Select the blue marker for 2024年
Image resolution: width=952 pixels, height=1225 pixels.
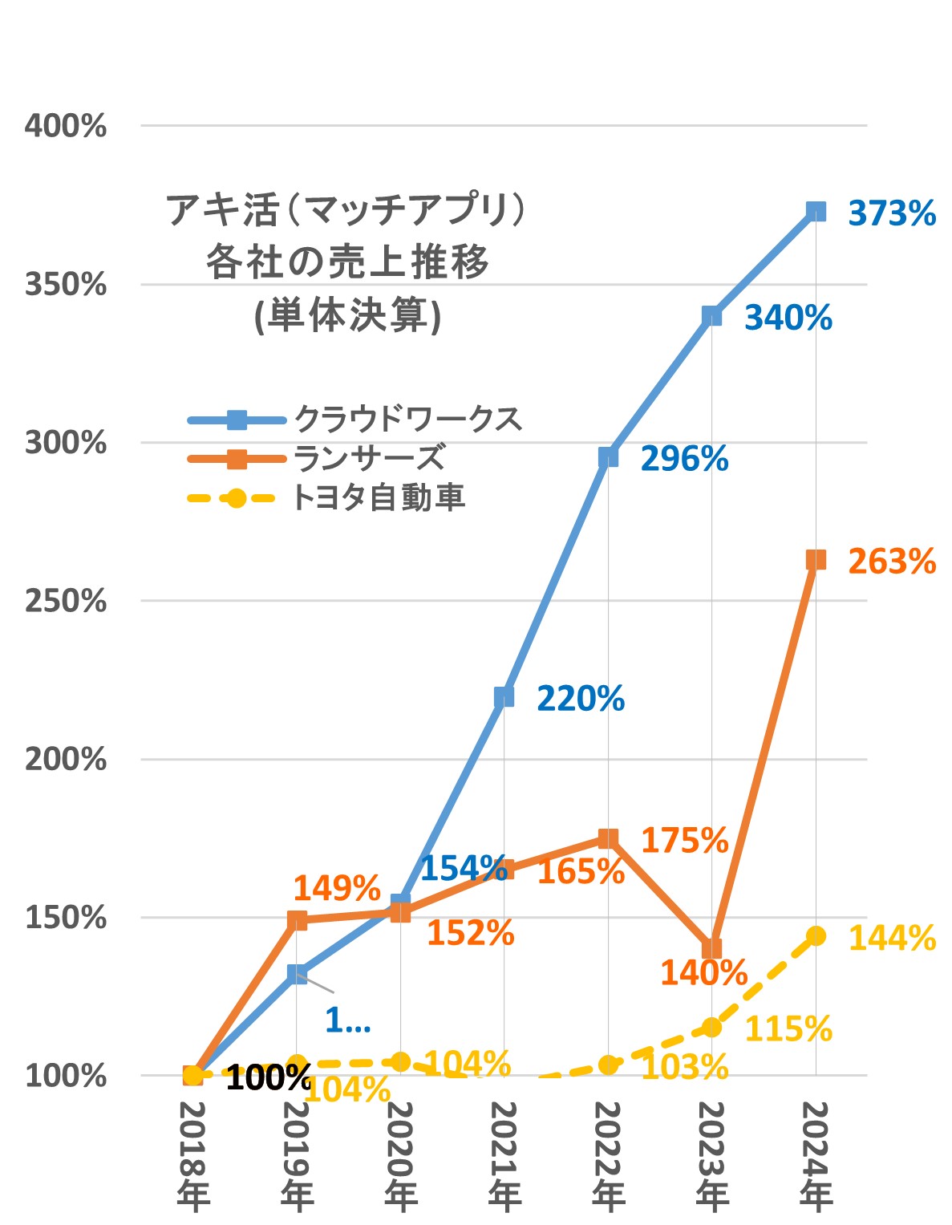click(816, 211)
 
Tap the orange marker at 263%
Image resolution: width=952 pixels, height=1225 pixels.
click(816, 560)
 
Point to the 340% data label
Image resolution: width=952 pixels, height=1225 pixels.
click(788, 318)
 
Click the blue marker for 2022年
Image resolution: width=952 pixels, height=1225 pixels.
click(608, 457)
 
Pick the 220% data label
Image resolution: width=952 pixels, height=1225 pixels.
click(580, 699)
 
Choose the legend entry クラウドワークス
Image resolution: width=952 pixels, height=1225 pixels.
click(407, 419)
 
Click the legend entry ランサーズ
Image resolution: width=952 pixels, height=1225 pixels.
click(369, 458)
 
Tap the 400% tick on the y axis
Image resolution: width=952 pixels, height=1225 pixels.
click(66, 126)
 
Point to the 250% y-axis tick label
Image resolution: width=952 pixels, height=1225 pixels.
click(66, 601)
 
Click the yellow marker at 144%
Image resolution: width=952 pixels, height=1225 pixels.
click(816, 935)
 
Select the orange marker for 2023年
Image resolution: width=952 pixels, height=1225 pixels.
click(711, 948)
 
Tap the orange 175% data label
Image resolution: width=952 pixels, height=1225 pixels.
click(684, 841)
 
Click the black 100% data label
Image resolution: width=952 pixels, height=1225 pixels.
click(268, 1078)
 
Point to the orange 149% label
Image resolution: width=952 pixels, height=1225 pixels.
click(336, 888)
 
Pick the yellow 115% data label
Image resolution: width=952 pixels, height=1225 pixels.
click(788, 1029)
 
